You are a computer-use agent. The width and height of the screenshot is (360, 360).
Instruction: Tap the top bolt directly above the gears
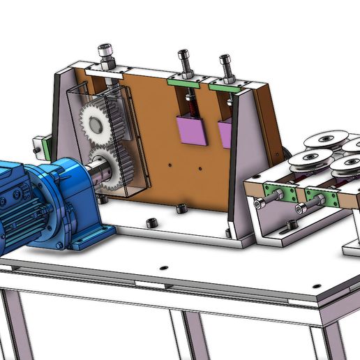pyautogui.click(x=106, y=54)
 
